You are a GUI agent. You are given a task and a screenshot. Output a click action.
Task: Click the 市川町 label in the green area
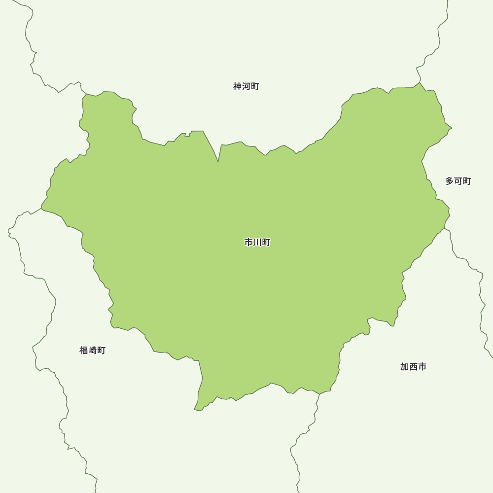pyautogui.click(x=257, y=243)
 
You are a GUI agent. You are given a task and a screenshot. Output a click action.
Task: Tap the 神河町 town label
pyautogui.click(x=246, y=87)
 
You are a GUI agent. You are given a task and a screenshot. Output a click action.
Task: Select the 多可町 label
pyautogui.click(x=458, y=181)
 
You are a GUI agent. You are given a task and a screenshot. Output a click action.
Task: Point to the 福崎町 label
pyautogui.click(x=92, y=351)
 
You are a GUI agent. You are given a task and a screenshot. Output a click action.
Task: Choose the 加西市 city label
pyautogui.click(x=413, y=367)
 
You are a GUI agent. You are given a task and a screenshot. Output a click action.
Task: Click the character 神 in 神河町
pyautogui.click(x=238, y=87)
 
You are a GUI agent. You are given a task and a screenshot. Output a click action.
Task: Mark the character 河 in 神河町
pyautogui.click(x=246, y=87)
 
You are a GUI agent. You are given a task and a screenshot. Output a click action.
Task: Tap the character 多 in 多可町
pyautogui.click(x=450, y=181)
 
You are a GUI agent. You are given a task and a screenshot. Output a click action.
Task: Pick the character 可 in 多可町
pyautogui.click(x=458, y=181)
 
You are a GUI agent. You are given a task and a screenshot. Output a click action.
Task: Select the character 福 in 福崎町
pyautogui.click(x=84, y=351)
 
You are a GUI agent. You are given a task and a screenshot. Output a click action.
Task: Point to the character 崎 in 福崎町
pyautogui.click(x=92, y=351)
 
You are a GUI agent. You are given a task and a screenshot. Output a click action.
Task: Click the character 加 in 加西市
pyautogui.click(x=405, y=367)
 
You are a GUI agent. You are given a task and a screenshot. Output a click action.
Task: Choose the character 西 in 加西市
pyautogui.click(x=413, y=367)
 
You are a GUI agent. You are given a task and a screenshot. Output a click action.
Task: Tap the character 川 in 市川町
pyautogui.click(x=257, y=243)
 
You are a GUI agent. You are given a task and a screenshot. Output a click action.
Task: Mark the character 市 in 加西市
pyautogui.click(x=422, y=367)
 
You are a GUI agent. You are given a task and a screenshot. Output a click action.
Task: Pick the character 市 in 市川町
pyautogui.click(x=249, y=243)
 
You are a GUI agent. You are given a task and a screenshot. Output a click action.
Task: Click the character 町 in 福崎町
pyautogui.click(x=101, y=351)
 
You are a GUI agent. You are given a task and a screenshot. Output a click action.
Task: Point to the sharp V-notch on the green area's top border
pyautogui.click(x=218, y=161)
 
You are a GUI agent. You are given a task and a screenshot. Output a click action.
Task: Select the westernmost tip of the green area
pyautogui.click(x=41, y=209)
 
